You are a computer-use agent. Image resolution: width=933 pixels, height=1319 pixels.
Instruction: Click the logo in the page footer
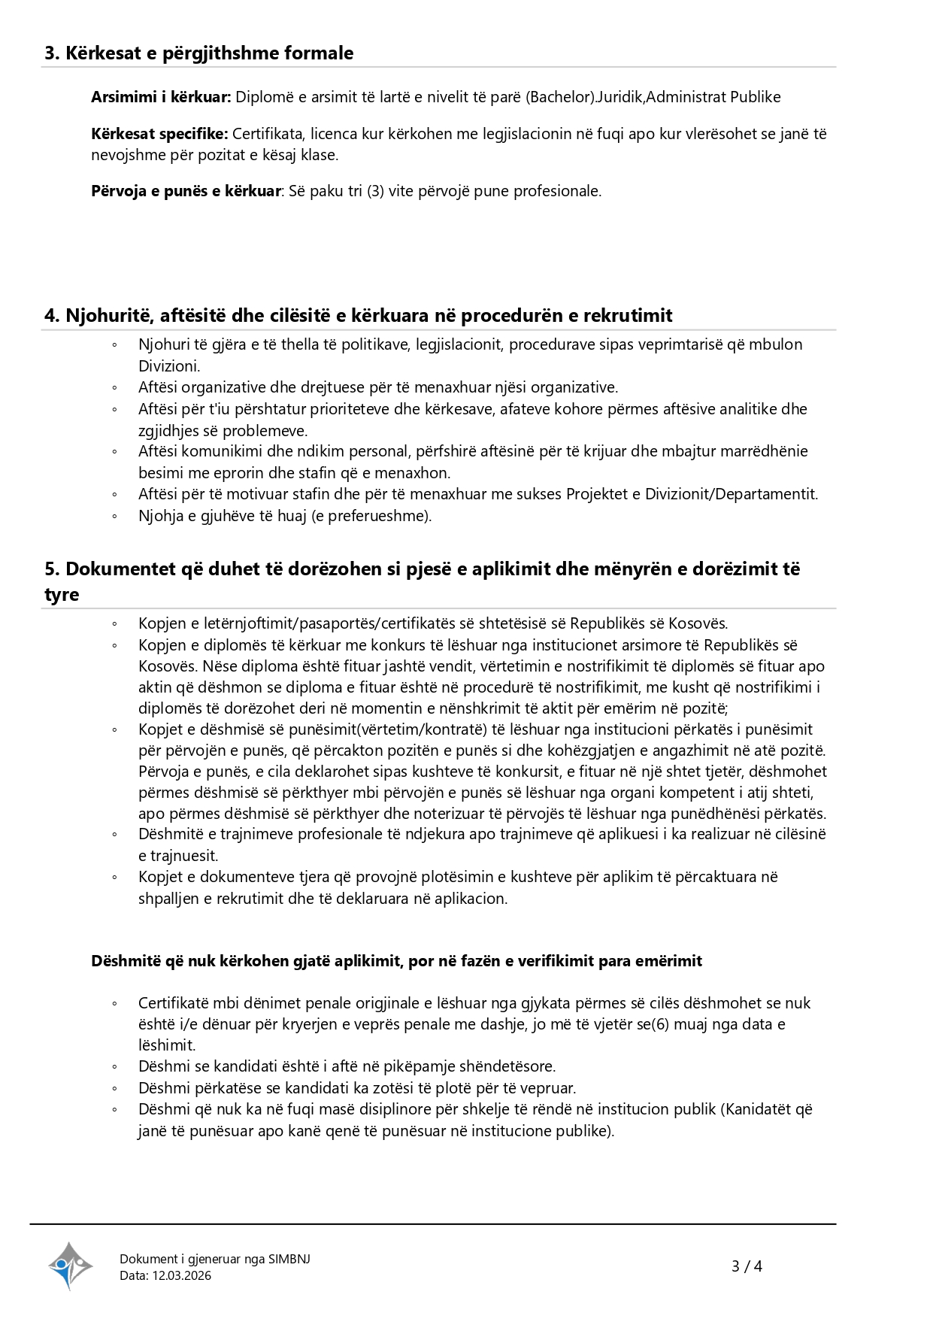[x=71, y=1266]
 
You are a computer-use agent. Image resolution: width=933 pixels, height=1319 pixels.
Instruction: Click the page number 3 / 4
[x=747, y=1266]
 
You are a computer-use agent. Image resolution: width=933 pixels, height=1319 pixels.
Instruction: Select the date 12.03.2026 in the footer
[x=182, y=1275]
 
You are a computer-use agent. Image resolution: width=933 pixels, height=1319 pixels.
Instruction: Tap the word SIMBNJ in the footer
[x=289, y=1259]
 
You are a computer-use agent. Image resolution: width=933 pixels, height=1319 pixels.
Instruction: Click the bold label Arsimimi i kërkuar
[x=161, y=97]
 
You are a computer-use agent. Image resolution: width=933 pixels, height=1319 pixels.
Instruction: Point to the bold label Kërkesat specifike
[x=159, y=134]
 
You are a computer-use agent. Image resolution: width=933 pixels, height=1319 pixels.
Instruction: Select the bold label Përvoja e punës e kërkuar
[x=186, y=191]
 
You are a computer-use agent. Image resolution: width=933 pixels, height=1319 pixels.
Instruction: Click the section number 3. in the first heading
[x=52, y=53]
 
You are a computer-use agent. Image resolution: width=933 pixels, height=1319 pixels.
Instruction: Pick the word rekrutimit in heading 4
[x=630, y=315]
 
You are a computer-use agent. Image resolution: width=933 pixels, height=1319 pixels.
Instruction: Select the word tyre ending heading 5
[x=62, y=594]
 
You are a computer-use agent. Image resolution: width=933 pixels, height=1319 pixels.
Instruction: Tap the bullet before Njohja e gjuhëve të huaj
[x=114, y=517]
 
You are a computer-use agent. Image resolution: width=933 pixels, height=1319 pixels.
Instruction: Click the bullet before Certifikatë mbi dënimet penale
[x=114, y=1003]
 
